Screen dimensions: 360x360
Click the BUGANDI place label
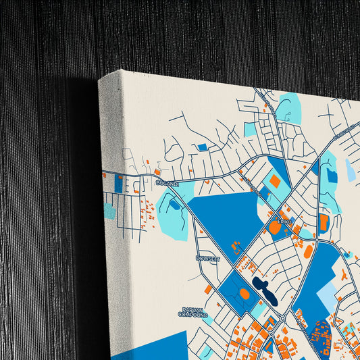click(166, 183)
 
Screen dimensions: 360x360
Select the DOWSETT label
click(207, 259)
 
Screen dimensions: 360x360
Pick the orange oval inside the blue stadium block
click(245, 294)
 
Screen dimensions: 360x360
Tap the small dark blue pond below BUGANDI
click(175, 205)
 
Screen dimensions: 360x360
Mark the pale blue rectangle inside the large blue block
click(328, 296)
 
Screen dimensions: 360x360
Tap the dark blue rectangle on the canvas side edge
click(119, 184)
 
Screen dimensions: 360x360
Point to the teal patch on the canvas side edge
click(109, 211)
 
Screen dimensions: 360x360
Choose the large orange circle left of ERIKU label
click(274, 228)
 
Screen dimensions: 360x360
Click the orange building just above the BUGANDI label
click(157, 173)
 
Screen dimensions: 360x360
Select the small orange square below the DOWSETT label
click(208, 289)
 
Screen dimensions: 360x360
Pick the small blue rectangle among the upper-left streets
click(202, 147)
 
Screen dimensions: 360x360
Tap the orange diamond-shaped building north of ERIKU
click(275, 182)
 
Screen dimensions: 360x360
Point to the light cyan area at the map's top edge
click(290, 107)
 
